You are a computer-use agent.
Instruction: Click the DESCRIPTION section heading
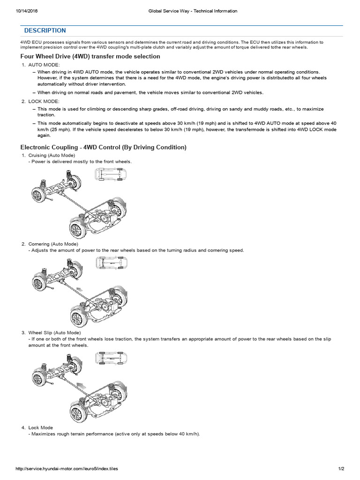(45, 30)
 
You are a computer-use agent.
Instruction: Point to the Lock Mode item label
(40, 427)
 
